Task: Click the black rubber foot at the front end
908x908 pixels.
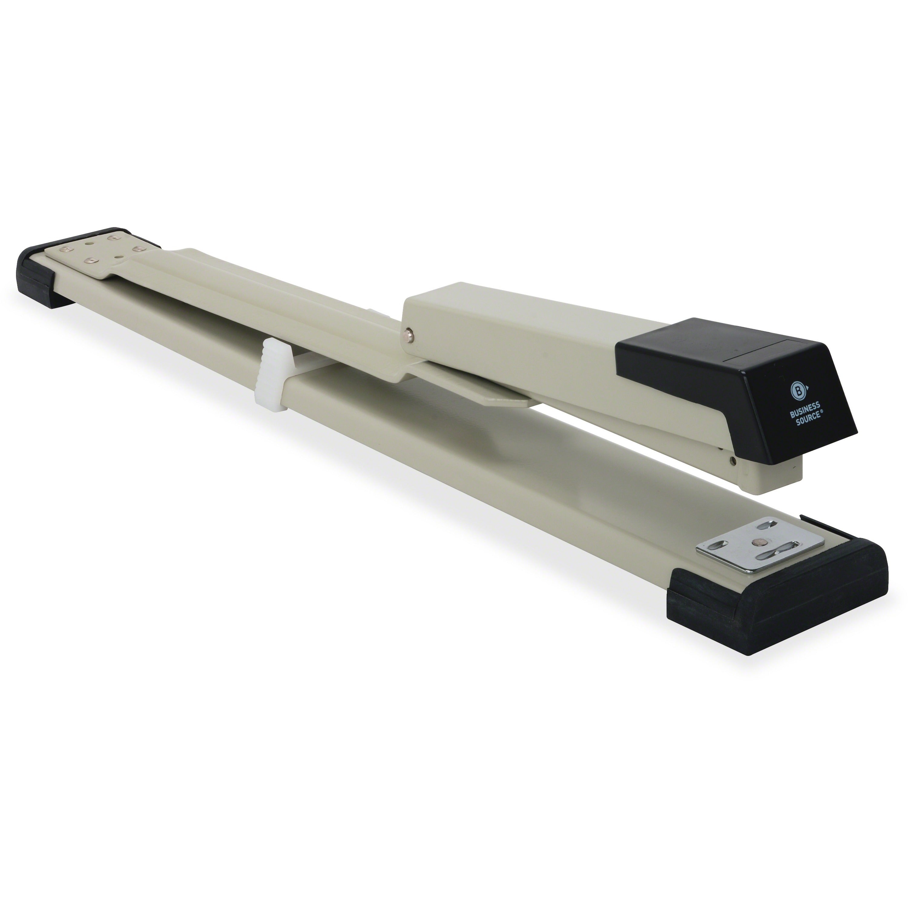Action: click(771, 606)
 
